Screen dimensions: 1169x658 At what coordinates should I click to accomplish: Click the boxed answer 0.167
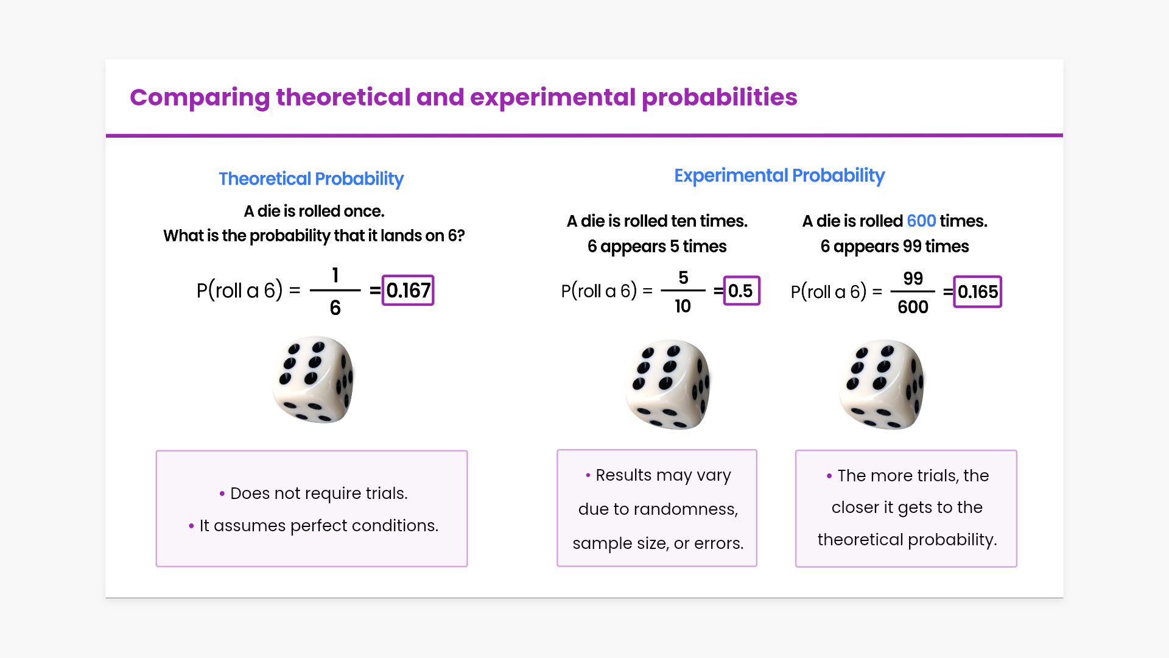[x=408, y=291]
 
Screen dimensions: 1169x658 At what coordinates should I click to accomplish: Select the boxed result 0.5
[x=742, y=291]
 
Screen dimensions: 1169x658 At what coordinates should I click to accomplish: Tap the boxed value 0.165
[x=977, y=292]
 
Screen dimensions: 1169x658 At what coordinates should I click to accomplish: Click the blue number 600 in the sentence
[x=921, y=221]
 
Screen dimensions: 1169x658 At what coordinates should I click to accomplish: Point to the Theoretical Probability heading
[x=311, y=179]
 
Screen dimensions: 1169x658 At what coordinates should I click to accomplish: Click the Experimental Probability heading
[x=779, y=176]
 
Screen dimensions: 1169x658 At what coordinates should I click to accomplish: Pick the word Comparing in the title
[x=200, y=98]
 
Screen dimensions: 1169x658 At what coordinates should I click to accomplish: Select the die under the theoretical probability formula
[x=313, y=379]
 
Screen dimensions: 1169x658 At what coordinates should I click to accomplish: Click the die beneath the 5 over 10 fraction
[x=668, y=384]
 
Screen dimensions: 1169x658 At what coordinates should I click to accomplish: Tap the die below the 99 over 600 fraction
[x=882, y=384]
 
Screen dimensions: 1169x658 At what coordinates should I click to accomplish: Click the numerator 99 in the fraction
[x=913, y=278]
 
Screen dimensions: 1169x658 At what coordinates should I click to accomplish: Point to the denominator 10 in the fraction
[x=683, y=306]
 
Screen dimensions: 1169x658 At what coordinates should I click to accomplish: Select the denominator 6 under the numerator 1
[x=335, y=308]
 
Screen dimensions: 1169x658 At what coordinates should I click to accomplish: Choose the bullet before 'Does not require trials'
[x=222, y=493]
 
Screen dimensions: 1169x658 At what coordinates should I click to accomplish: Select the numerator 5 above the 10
[x=683, y=278]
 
